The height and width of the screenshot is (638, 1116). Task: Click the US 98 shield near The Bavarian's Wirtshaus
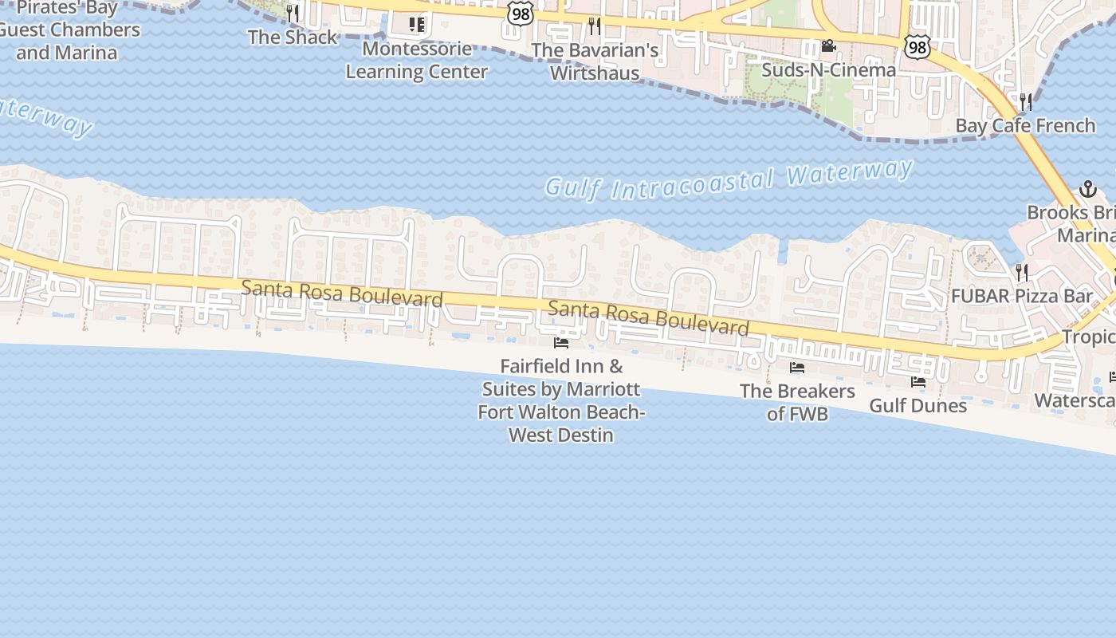click(521, 14)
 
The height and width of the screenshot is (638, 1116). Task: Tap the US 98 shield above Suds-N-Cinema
click(918, 47)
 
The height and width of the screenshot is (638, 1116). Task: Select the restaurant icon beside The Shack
click(293, 14)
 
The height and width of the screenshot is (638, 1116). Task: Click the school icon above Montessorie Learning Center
click(416, 25)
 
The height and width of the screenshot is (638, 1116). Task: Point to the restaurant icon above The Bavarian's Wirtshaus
click(595, 26)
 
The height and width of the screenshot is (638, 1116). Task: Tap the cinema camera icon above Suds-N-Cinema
click(828, 46)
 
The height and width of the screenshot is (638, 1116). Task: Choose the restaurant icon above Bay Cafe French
click(1026, 101)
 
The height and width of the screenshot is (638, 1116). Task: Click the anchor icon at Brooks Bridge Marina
click(1087, 189)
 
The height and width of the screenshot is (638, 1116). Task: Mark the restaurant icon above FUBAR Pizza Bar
click(1022, 273)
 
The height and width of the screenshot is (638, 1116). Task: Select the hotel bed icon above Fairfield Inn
click(561, 343)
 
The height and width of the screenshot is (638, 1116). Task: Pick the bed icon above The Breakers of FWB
click(797, 368)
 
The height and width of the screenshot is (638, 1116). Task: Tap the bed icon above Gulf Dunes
click(918, 382)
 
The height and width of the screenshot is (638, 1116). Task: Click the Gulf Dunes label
click(918, 405)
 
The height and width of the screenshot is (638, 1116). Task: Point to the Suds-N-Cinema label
click(828, 70)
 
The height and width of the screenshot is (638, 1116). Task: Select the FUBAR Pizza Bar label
click(1022, 297)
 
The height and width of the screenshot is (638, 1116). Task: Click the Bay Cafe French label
click(1025, 126)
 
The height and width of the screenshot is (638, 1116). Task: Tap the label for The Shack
click(293, 37)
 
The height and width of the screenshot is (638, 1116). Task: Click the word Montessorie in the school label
click(416, 49)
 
